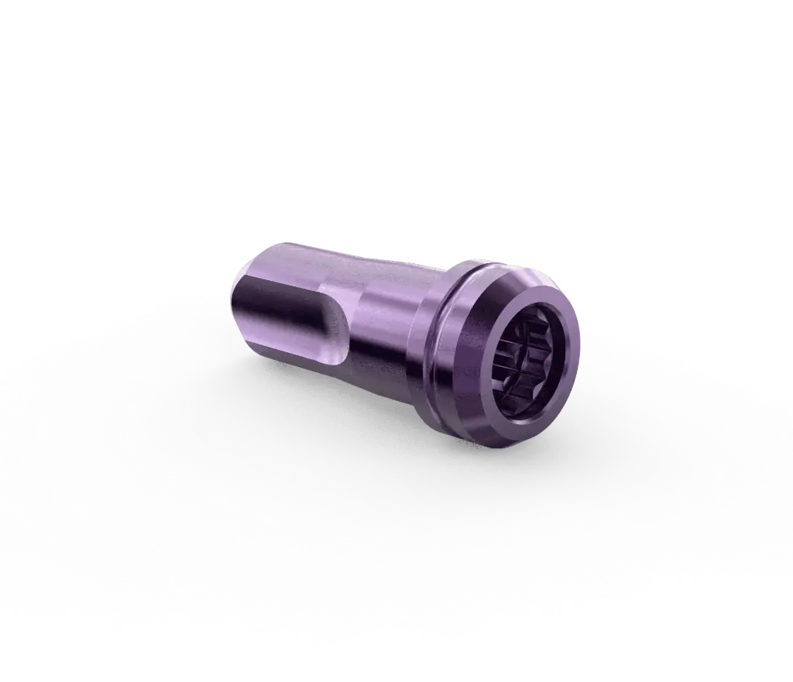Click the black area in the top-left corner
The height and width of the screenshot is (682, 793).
click(x=46, y=46)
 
